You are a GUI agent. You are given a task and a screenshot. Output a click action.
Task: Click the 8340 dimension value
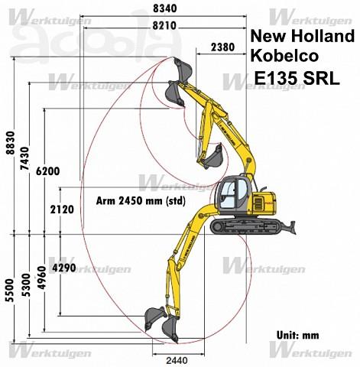[165, 8]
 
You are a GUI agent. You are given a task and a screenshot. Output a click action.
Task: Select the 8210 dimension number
[164, 25]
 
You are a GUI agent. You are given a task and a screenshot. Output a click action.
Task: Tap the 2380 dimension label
[223, 47]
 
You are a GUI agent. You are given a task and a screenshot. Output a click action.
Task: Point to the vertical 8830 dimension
[11, 143]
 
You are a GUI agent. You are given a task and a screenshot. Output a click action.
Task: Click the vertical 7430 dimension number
[25, 158]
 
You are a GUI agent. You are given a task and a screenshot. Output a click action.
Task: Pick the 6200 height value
[47, 171]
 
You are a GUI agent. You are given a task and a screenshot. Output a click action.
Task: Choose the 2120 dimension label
[62, 209]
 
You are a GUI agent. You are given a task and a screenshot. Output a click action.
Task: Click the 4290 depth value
[64, 268]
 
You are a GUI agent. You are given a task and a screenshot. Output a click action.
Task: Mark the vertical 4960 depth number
[42, 278]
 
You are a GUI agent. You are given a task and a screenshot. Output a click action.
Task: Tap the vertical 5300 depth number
[26, 285]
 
